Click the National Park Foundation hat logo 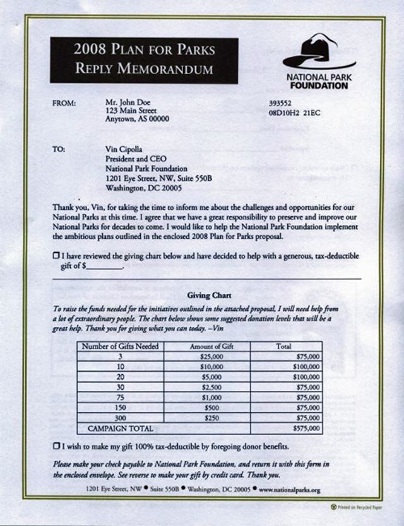point(318,52)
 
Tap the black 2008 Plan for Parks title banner point(144,60)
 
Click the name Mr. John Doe point(128,102)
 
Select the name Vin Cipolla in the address point(124,149)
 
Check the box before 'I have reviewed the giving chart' point(56,255)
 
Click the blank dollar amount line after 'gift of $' point(104,267)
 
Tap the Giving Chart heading point(209,295)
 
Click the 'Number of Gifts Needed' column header point(120,346)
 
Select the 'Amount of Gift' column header point(207,346)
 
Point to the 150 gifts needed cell point(120,408)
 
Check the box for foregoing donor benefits point(56,446)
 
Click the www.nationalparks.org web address point(290,490)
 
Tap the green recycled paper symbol point(334,507)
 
